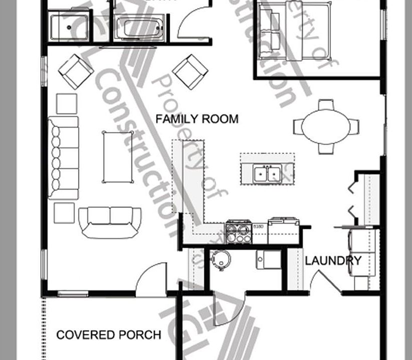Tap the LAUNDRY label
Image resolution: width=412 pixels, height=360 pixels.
(x=333, y=260)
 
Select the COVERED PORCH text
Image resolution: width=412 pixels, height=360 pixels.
(x=109, y=334)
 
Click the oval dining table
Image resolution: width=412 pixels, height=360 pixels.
(x=325, y=127)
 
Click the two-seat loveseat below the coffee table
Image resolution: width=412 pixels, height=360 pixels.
(x=110, y=221)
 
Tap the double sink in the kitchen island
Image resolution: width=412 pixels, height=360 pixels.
(x=267, y=173)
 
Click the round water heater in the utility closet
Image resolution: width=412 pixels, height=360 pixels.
(x=220, y=259)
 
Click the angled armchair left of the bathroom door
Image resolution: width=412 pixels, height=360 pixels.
(x=76, y=71)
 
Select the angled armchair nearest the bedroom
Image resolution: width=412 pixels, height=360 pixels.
(x=190, y=71)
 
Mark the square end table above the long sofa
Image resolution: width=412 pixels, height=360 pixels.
(x=67, y=103)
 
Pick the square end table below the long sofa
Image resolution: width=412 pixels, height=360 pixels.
(x=64, y=213)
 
